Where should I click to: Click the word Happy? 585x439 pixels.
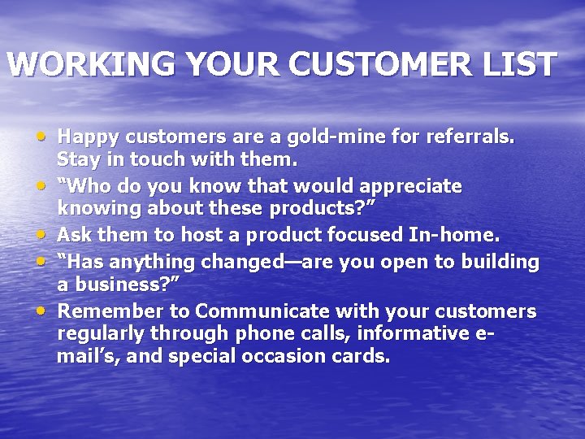point(87,137)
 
